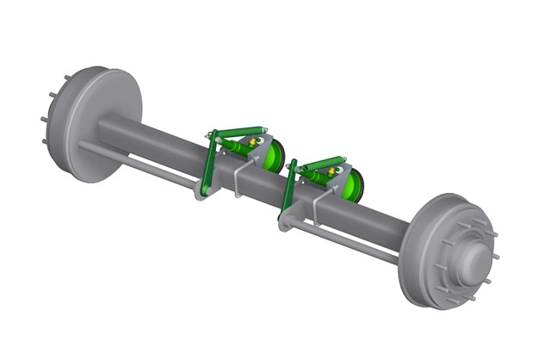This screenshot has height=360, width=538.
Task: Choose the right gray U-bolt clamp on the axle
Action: point(318,208)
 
